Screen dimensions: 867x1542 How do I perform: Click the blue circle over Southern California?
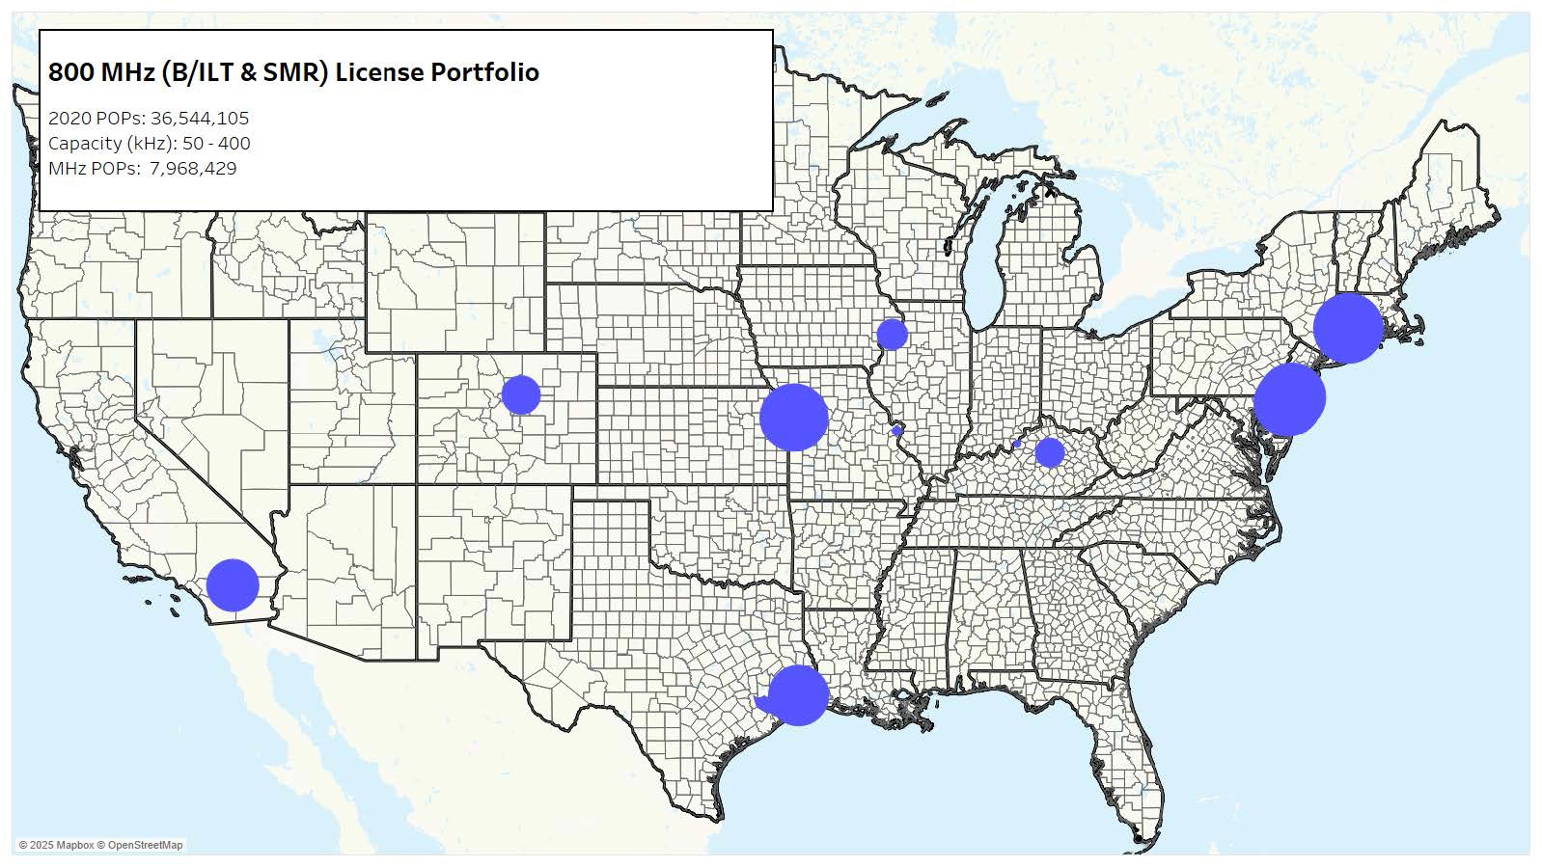(x=233, y=584)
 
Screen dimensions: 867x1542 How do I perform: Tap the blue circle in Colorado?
(x=521, y=394)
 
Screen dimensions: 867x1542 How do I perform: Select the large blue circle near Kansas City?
(x=793, y=417)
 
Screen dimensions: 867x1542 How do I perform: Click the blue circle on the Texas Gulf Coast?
(x=798, y=694)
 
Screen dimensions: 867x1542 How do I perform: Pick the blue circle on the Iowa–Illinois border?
(x=892, y=334)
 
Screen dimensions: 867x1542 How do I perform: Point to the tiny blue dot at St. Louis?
(x=897, y=430)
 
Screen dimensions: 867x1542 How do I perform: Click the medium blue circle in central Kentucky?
(x=1049, y=451)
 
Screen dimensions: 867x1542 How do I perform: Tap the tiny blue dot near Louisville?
(x=1017, y=444)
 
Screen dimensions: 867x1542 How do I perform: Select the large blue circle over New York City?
(x=1347, y=328)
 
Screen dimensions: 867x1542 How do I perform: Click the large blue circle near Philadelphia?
(x=1289, y=398)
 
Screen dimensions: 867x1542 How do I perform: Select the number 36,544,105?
(x=200, y=119)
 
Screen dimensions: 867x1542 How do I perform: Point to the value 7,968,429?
(x=193, y=169)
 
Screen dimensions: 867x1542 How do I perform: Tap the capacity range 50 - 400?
(x=216, y=144)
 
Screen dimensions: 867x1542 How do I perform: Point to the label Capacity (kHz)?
(x=112, y=144)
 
